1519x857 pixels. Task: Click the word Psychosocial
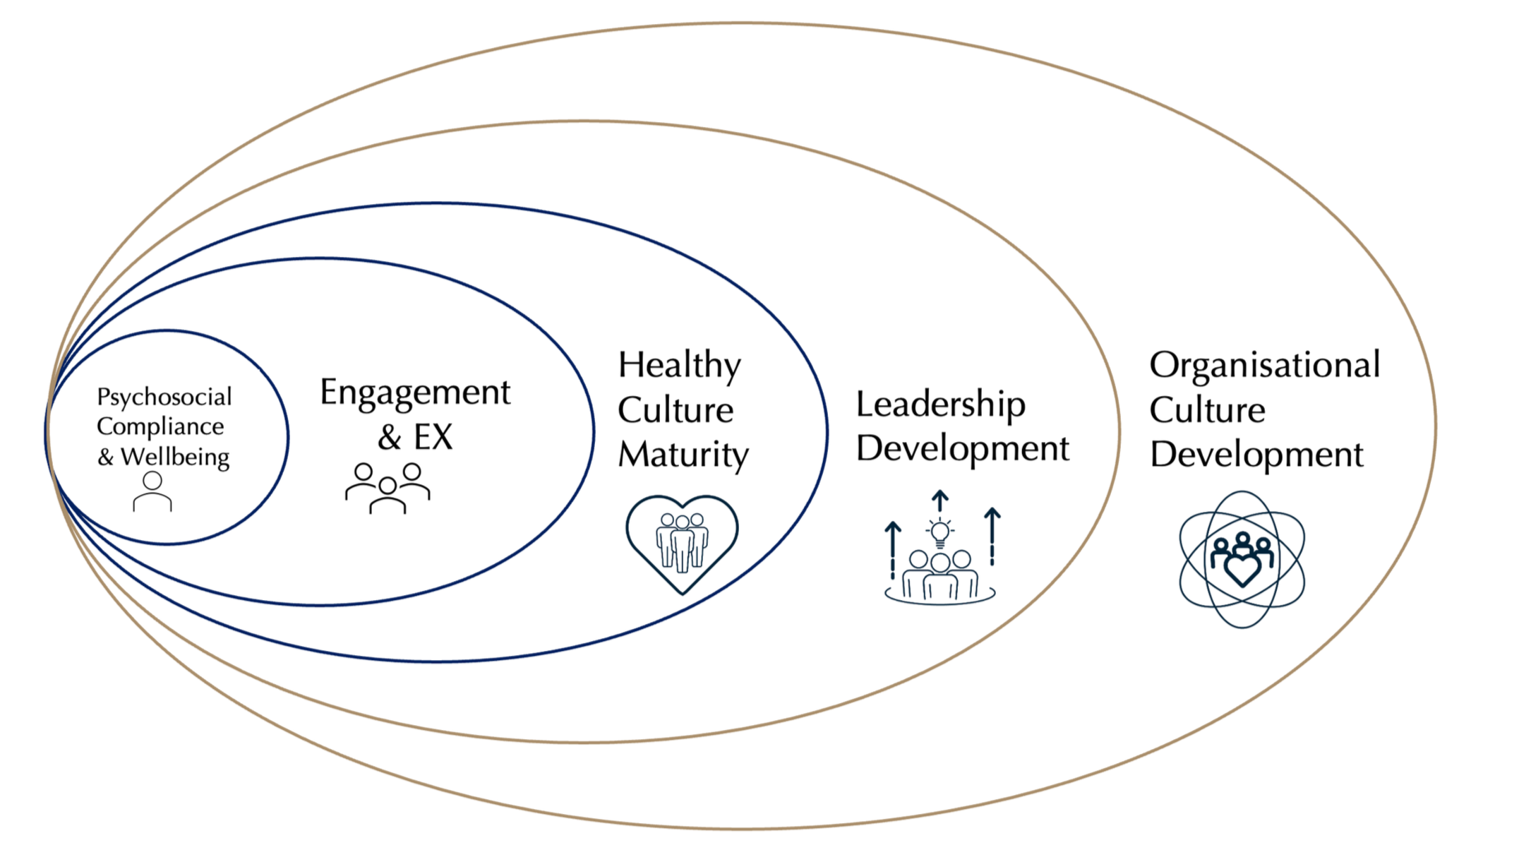[164, 397]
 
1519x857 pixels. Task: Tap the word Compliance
[160, 427]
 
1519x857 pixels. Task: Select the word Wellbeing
[175, 457]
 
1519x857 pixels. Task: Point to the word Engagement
[415, 392]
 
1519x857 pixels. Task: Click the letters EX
[433, 437]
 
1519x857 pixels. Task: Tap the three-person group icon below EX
[388, 488]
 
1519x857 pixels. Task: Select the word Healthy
[679, 366]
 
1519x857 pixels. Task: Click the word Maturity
[683, 455]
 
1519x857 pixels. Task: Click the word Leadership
[940, 405]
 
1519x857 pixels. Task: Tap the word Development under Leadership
[963, 448]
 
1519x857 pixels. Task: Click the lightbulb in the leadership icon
[939, 532]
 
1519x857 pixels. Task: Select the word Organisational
[1264, 366]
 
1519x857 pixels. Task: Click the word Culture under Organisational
[1207, 410]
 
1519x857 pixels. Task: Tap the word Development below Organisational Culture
[1256, 455]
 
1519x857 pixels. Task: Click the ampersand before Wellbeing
[106, 457]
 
